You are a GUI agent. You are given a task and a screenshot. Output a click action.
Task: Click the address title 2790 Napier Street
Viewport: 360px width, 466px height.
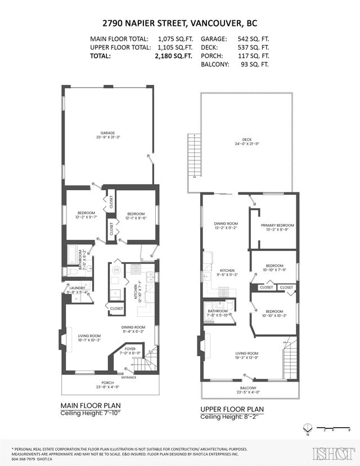pos(179,24)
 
